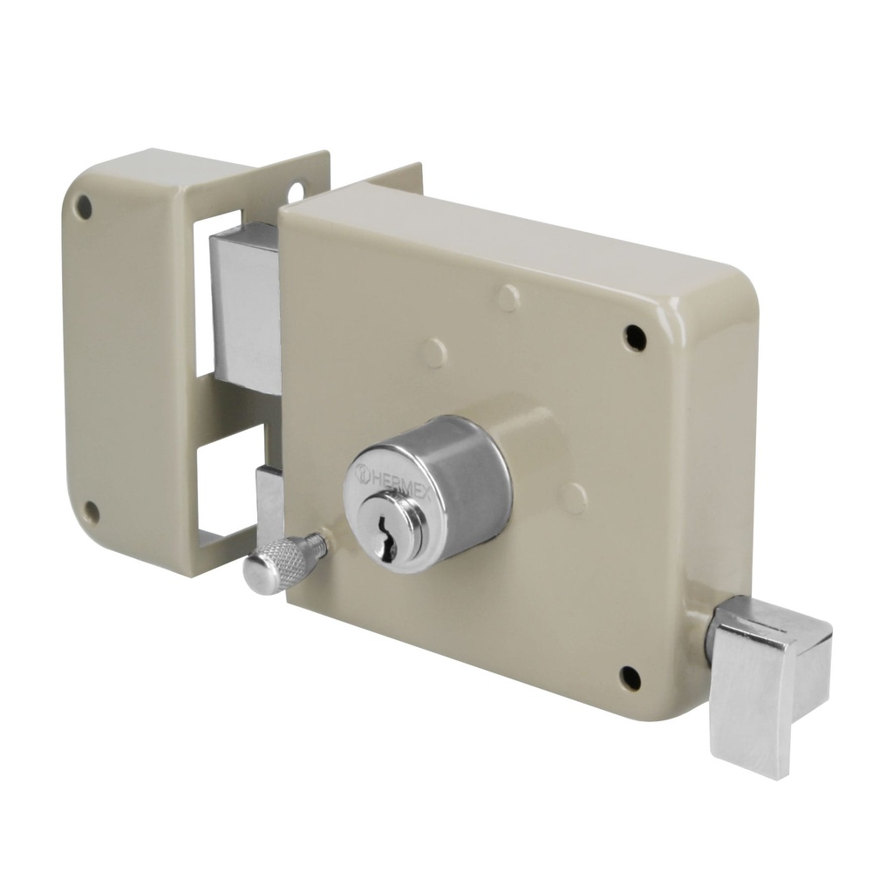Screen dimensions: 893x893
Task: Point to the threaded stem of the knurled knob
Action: pyautogui.click(x=320, y=542)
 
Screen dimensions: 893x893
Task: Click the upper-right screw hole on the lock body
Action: pyautogui.click(x=635, y=337)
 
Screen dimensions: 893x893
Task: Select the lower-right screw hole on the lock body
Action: pyautogui.click(x=630, y=677)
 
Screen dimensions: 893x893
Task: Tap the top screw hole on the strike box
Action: pyautogui.click(x=84, y=207)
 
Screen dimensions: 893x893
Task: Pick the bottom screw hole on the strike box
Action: pyautogui.click(x=91, y=511)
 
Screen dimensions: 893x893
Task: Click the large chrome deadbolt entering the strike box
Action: pyautogui.click(x=247, y=305)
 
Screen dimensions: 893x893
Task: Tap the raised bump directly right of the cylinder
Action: pyautogui.click(x=574, y=498)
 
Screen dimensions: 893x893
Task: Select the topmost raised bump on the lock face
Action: pyautogui.click(x=509, y=297)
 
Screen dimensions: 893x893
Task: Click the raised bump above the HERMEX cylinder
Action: pyautogui.click(x=433, y=352)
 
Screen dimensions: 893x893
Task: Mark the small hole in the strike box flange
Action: pyautogui.click(x=297, y=190)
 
